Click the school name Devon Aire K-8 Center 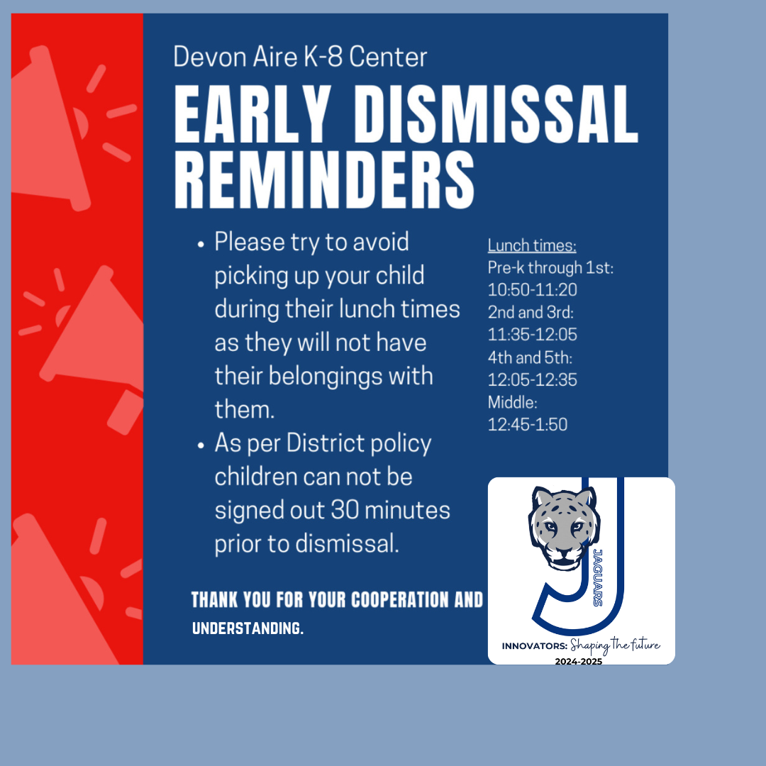point(300,57)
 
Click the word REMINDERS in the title point(324,179)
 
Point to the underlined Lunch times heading point(532,245)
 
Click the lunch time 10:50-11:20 point(533,289)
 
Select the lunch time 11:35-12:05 point(533,335)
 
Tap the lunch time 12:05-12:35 point(533,379)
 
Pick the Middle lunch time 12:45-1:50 point(528,425)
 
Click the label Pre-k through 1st point(550,267)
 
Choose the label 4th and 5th point(530,357)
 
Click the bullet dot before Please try point(200,244)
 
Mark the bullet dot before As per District point(200,445)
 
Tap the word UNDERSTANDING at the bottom point(248,628)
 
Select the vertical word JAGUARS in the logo point(597,578)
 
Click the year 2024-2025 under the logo point(579,662)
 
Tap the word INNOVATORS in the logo point(535,646)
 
